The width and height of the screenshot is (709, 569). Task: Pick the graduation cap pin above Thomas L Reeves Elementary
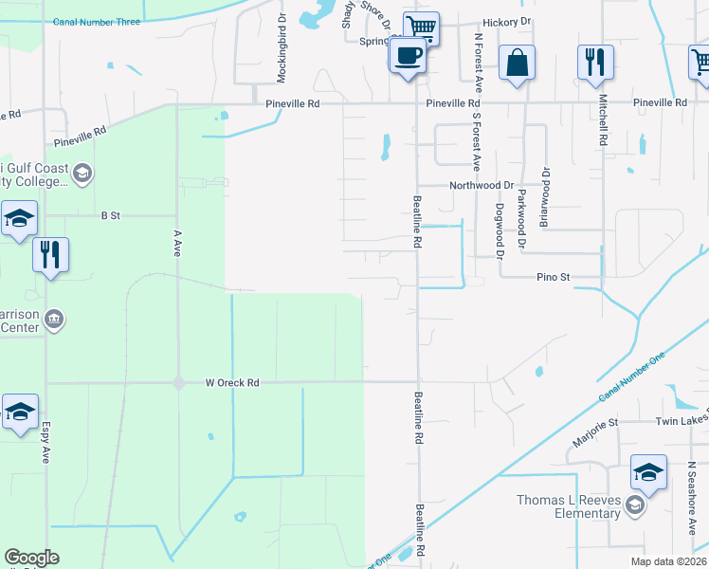[649, 473]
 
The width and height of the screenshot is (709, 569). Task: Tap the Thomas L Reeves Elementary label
[568, 506]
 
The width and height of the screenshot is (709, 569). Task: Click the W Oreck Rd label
[232, 383]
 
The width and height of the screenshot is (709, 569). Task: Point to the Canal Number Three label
[97, 22]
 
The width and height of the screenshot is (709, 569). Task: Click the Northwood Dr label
[481, 186]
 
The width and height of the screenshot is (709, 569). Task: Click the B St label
[111, 215]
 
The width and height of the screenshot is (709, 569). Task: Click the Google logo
[31, 558]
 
